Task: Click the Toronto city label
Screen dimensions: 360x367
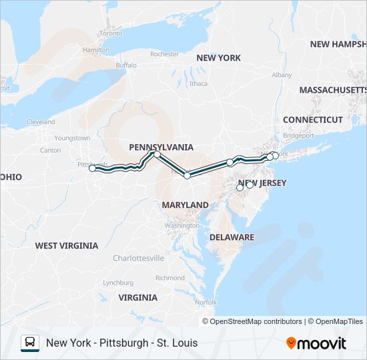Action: [x=111, y=33]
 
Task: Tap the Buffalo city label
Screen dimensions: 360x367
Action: [x=125, y=65]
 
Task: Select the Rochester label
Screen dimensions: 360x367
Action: [x=164, y=54]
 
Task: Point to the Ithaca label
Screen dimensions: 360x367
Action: [x=198, y=83]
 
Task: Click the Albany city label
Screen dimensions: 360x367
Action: [x=282, y=75]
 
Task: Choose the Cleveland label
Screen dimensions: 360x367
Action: [x=41, y=122]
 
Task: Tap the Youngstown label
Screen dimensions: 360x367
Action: [x=72, y=138]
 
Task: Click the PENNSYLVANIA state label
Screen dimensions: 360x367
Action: [x=161, y=147]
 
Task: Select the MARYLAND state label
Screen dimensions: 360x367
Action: [x=185, y=205]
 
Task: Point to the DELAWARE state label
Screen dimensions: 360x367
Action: [x=232, y=237]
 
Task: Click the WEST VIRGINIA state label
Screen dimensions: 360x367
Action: [x=67, y=245]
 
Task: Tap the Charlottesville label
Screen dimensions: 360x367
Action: [x=138, y=257]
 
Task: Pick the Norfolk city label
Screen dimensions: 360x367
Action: [x=206, y=302]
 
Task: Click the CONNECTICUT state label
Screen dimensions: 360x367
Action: [x=312, y=119]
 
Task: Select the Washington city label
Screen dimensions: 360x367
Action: [x=181, y=225]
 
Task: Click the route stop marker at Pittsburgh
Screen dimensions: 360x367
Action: [x=93, y=168]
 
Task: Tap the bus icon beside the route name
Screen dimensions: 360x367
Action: [x=30, y=343]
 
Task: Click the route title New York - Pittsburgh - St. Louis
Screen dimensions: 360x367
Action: [x=121, y=343]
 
